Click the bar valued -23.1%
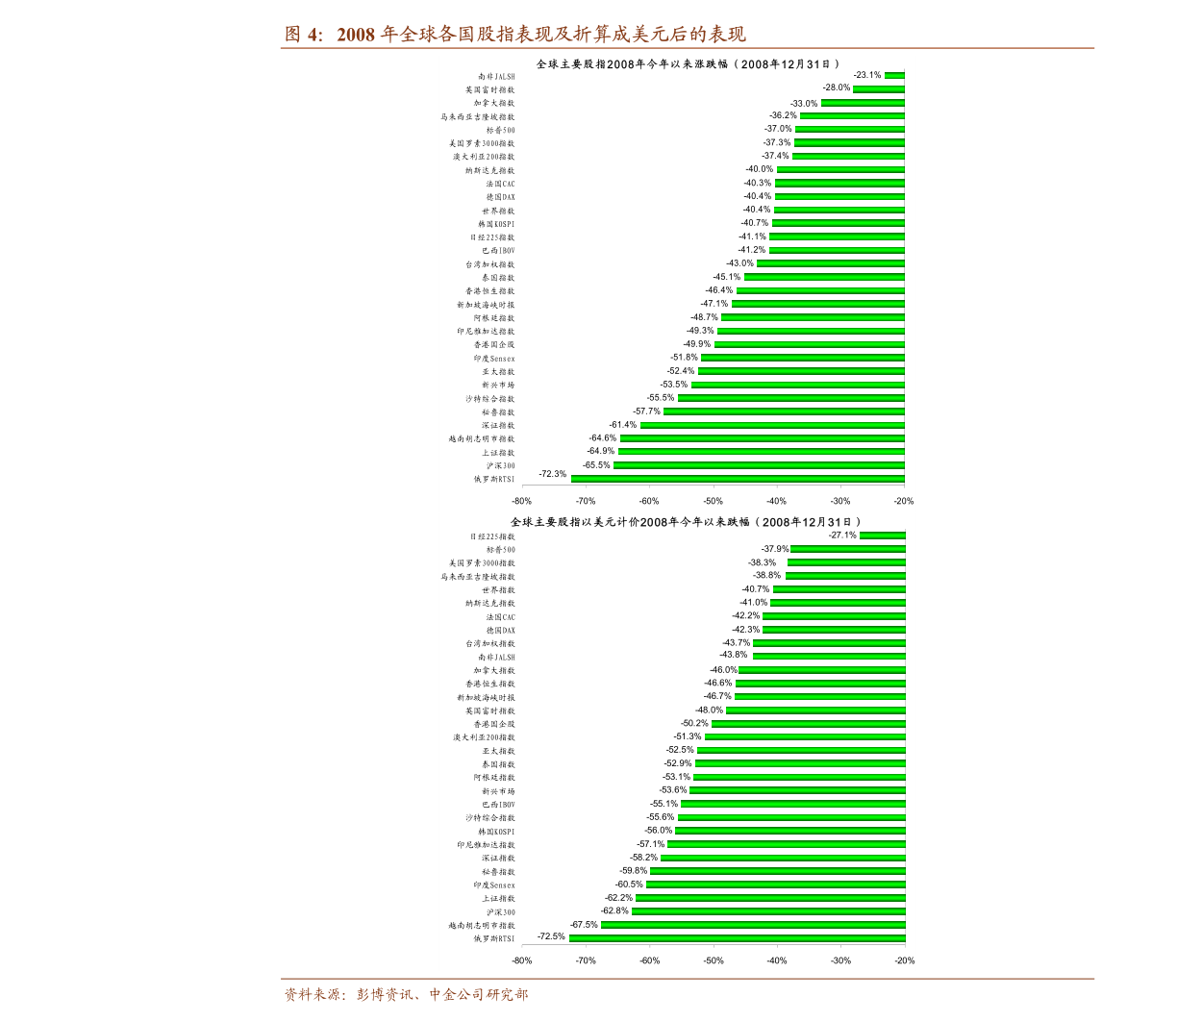(x=894, y=75)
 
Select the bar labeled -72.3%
(x=738, y=478)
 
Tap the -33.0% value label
(x=804, y=103)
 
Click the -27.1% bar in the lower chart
(x=882, y=536)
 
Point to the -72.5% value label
(x=551, y=935)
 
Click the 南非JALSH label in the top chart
(x=496, y=76)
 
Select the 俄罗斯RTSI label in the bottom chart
(x=493, y=938)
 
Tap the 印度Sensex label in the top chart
(x=493, y=358)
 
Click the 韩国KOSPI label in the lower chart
(x=496, y=831)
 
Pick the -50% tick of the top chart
(x=713, y=501)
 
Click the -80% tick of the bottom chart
(x=521, y=960)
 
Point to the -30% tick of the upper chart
(x=839, y=501)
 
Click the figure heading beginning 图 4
(x=514, y=36)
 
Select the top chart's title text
(x=689, y=64)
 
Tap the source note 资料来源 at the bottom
(x=405, y=995)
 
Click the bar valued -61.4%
(x=772, y=425)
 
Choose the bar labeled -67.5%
(x=753, y=925)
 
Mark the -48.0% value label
(x=709, y=710)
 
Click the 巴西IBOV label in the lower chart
(x=498, y=804)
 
